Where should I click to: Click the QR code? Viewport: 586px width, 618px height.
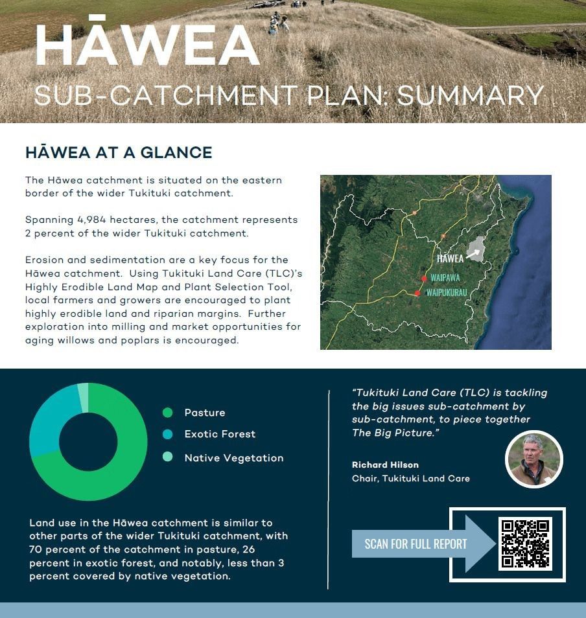click(525, 544)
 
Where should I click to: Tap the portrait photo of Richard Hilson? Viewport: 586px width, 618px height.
click(533, 459)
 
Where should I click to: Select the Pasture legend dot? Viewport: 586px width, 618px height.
click(168, 413)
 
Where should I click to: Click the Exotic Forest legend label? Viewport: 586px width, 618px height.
click(220, 434)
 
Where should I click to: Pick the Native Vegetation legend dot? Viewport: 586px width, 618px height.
click(168, 457)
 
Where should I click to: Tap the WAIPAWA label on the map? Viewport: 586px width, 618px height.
click(445, 277)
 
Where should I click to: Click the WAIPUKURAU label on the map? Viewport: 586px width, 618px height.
click(447, 293)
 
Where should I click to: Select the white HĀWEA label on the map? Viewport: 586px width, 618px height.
click(450, 258)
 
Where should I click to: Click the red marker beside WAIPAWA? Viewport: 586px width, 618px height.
click(424, 279)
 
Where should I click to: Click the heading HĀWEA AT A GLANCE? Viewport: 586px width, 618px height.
click(119, 153)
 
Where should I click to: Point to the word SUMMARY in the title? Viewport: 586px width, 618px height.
click(471, 96)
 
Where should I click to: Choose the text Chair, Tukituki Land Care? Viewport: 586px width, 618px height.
click(410, 479)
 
